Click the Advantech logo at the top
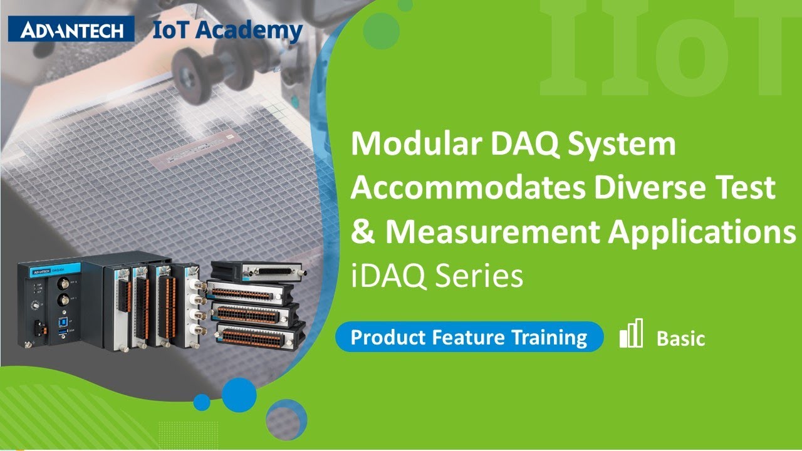click(x=71, y=29)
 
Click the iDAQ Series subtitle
click(x=437, y=276)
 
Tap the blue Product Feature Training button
click(x=469, y=338)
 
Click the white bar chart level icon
click(x=631, y=333)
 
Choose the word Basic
click(x=680, y=340)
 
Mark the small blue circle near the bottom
click(x=202, y=402)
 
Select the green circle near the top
click(x=381, y=29)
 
